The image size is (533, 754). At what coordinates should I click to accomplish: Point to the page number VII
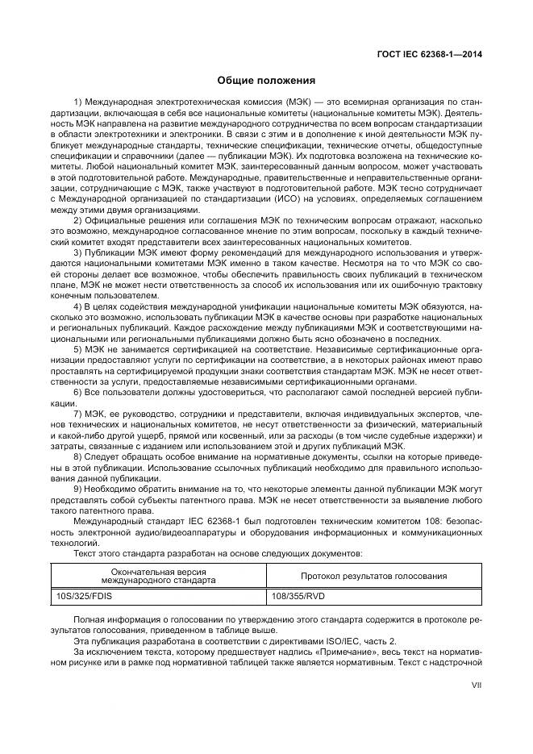(476, 685)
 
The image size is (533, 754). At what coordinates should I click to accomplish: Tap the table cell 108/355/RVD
(299, 598)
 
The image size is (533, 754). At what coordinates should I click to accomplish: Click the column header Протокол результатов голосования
(373, 576)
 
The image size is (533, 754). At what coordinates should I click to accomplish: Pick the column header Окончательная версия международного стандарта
(159, 576)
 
